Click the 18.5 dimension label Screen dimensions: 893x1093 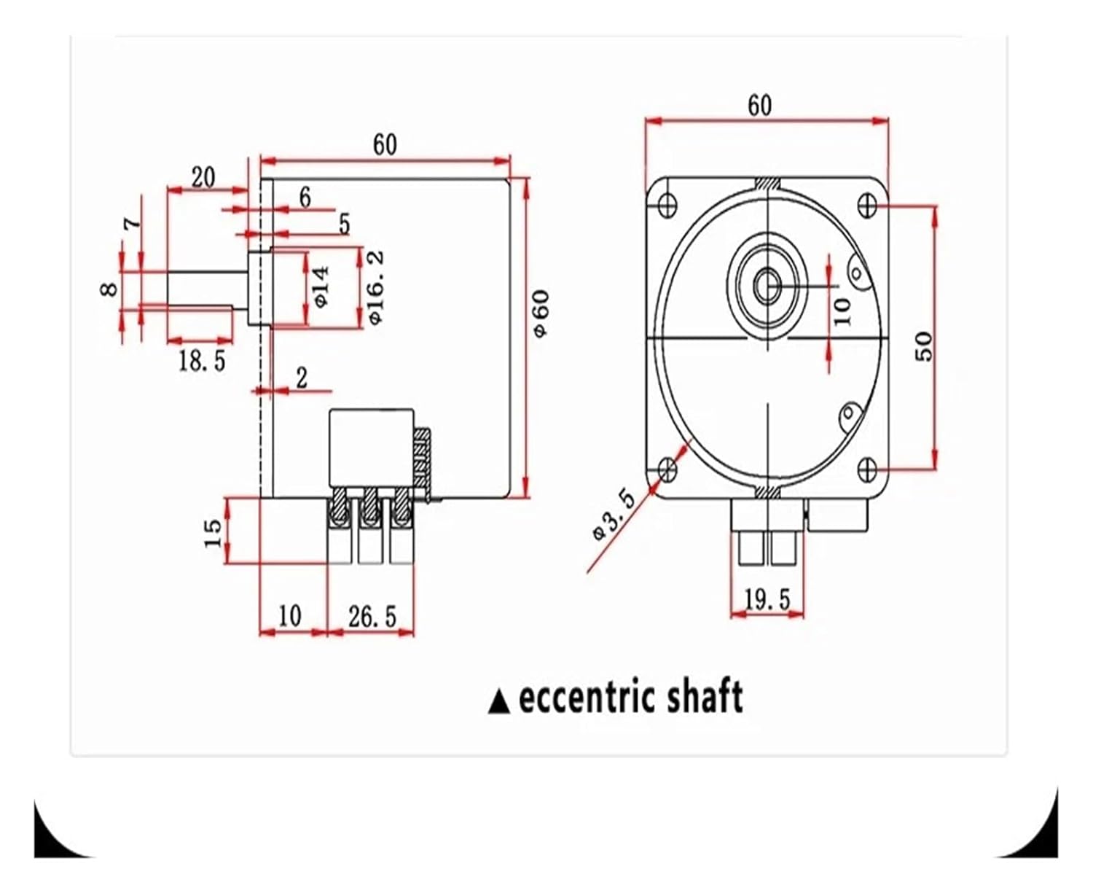coord(202,360)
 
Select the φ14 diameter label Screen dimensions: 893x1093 coord(321,286)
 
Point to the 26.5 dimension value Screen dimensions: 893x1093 coord(372,617)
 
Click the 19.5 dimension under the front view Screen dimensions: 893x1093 coord(767,599)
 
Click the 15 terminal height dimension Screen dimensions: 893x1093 coord(212,533)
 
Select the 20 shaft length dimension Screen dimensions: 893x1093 coord(203,177)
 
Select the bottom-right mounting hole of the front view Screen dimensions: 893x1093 coord(867,468)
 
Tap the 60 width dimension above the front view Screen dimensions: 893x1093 coord(759,106)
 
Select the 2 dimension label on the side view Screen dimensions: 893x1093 coord(301,378)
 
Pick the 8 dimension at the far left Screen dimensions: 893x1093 coord(109,289)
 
